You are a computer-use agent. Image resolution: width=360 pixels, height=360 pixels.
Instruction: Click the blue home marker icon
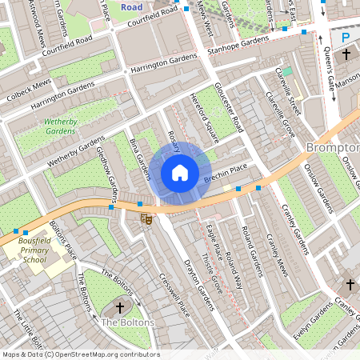click(x=180, y=173)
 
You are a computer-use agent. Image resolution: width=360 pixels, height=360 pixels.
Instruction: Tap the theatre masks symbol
click(x=146, y=217)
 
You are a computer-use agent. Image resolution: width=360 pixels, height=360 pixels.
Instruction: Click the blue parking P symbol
click(x=347, y=37)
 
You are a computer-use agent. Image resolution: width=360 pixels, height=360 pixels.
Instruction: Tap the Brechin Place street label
click(x=227, y=175)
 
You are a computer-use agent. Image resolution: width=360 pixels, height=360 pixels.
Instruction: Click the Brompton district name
click(x=332, y=147)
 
